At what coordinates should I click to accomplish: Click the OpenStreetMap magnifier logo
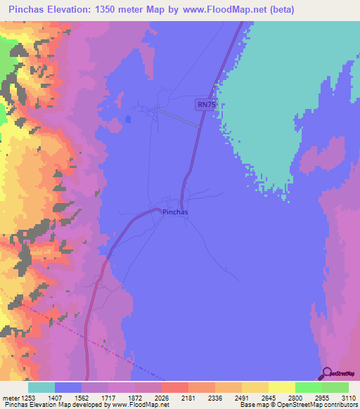click(x=326, y=373)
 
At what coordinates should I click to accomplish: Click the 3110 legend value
click(x=349, y=398)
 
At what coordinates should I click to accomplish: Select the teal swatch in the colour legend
click(x=41, y=387)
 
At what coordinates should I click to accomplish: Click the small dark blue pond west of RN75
click(x=127, y=119)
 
